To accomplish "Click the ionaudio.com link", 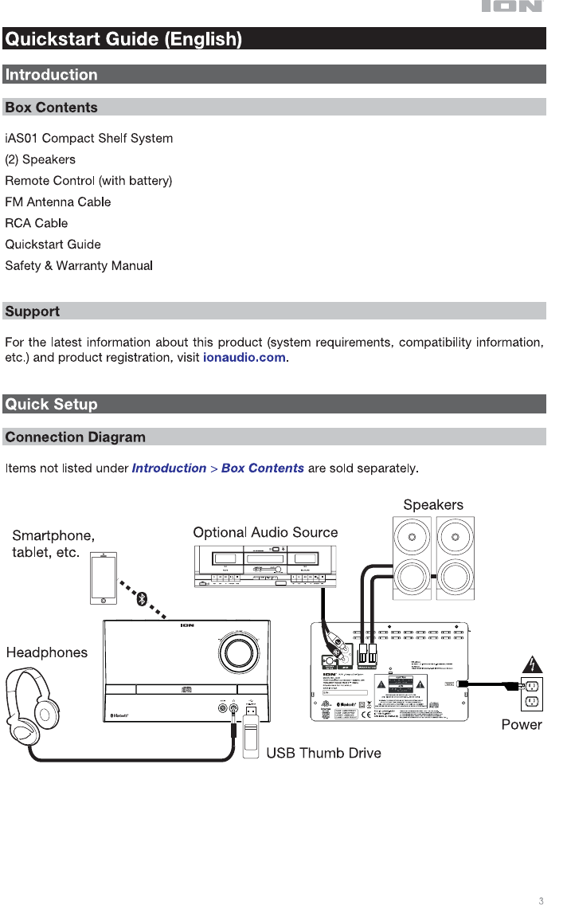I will coord(244,358).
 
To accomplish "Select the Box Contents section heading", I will coord(51,108).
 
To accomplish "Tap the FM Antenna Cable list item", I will coord(57,202).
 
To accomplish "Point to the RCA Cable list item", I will coord(37,223).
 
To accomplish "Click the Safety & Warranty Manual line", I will coord(79,265).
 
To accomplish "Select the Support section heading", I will coord(33,311).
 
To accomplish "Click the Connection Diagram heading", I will coord(76,437).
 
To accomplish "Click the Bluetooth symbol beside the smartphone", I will coord(143,599).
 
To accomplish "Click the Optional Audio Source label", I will coord(265,532).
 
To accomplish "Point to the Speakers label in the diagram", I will coord(432,504).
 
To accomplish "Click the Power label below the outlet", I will coord(521,724).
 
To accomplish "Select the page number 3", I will coord(541,901).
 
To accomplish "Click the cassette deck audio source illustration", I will coord(265,566).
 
